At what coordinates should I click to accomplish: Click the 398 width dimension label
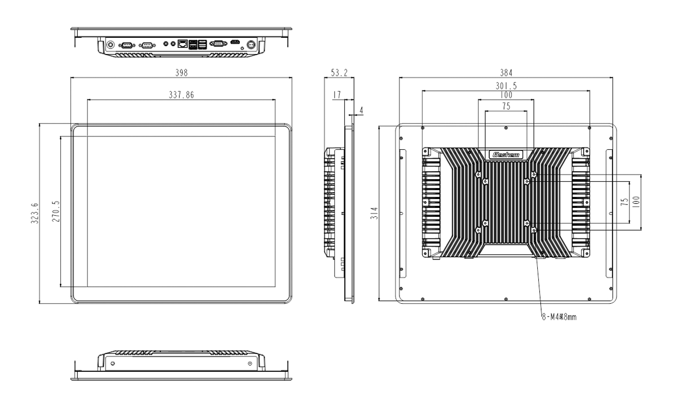180,73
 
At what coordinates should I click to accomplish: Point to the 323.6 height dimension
34,213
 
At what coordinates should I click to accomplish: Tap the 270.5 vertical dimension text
56,211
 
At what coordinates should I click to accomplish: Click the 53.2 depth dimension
339,73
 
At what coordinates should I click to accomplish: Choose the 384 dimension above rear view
505,73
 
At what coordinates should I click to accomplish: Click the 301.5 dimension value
505,86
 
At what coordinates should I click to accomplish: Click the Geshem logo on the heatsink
505,155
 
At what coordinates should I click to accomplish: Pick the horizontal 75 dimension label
505,106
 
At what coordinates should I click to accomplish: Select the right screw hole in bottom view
250,364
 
